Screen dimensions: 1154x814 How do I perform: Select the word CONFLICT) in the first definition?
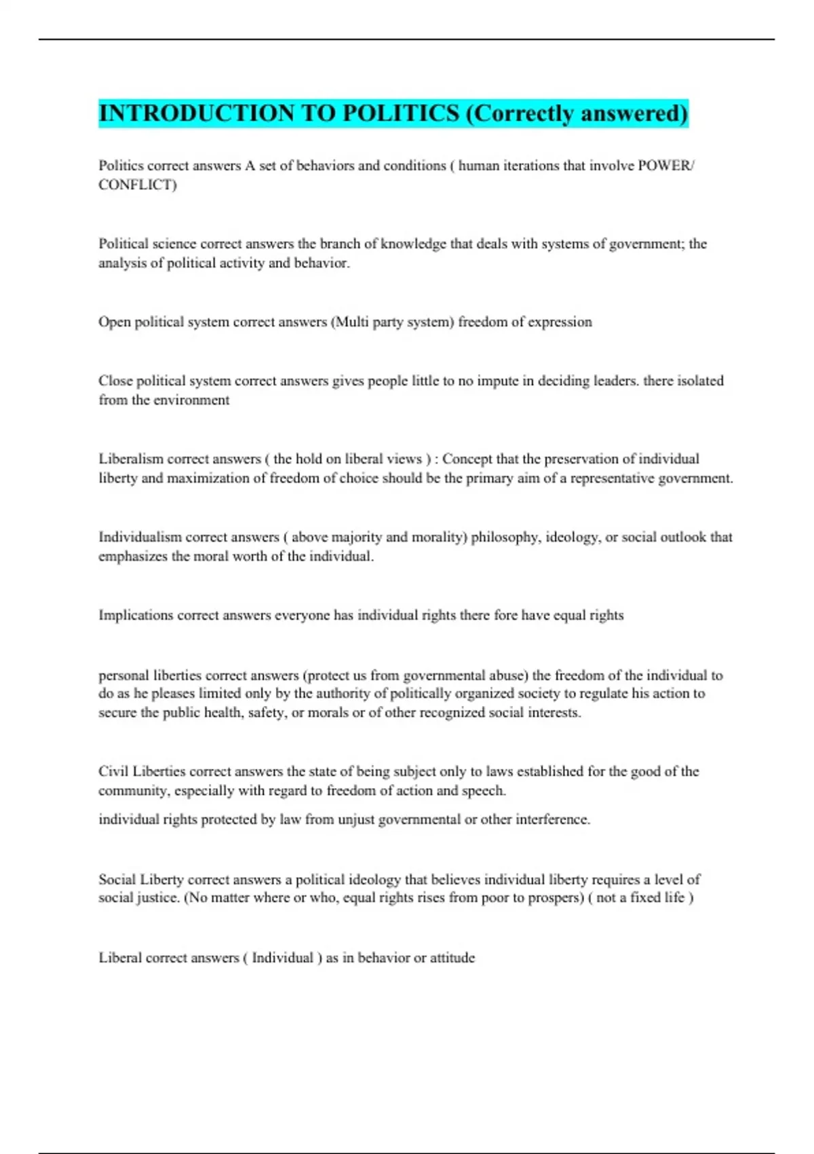(x=138, y=185)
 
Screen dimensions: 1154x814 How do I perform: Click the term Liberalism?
(x=131, y=459)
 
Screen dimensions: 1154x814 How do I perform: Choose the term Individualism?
(x=140, y=537)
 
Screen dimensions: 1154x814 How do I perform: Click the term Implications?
(x=136, y=615)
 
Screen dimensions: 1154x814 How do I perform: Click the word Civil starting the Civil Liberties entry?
(x=113, y=771)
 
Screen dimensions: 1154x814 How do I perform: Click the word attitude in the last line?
(x=452, y=958)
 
